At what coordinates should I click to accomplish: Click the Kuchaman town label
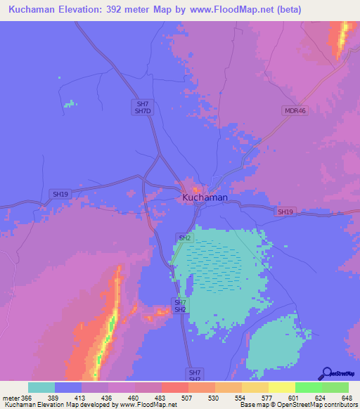(x=205, y=198)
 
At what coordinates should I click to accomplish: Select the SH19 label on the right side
(x=285, y=212)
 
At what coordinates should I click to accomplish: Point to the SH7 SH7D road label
(x=142, y=108)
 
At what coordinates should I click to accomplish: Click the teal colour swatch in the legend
(x=41, y=387)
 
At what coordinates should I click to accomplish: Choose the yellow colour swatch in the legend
(x=281, y=387)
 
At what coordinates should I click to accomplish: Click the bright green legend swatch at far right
(x=335, y=387)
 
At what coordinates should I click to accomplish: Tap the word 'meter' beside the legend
(x=11, y=397)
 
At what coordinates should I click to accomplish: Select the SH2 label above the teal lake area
(x=184, y=238)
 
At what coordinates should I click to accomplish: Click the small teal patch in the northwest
(x=69, y=104)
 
